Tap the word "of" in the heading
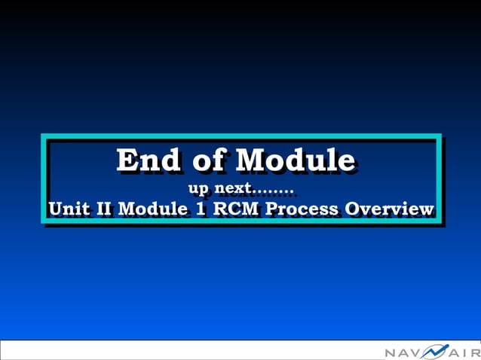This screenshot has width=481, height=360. (x=209, y=160)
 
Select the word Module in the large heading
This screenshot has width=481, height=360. (x=295, y=160)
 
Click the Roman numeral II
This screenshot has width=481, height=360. (x=105, y=209)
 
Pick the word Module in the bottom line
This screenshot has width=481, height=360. (x=153, y=209)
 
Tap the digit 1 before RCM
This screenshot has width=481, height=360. (x=200, y=209)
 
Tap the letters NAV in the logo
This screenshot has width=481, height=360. (x=404, y=352)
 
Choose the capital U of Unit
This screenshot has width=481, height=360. (x=54, y=209)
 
